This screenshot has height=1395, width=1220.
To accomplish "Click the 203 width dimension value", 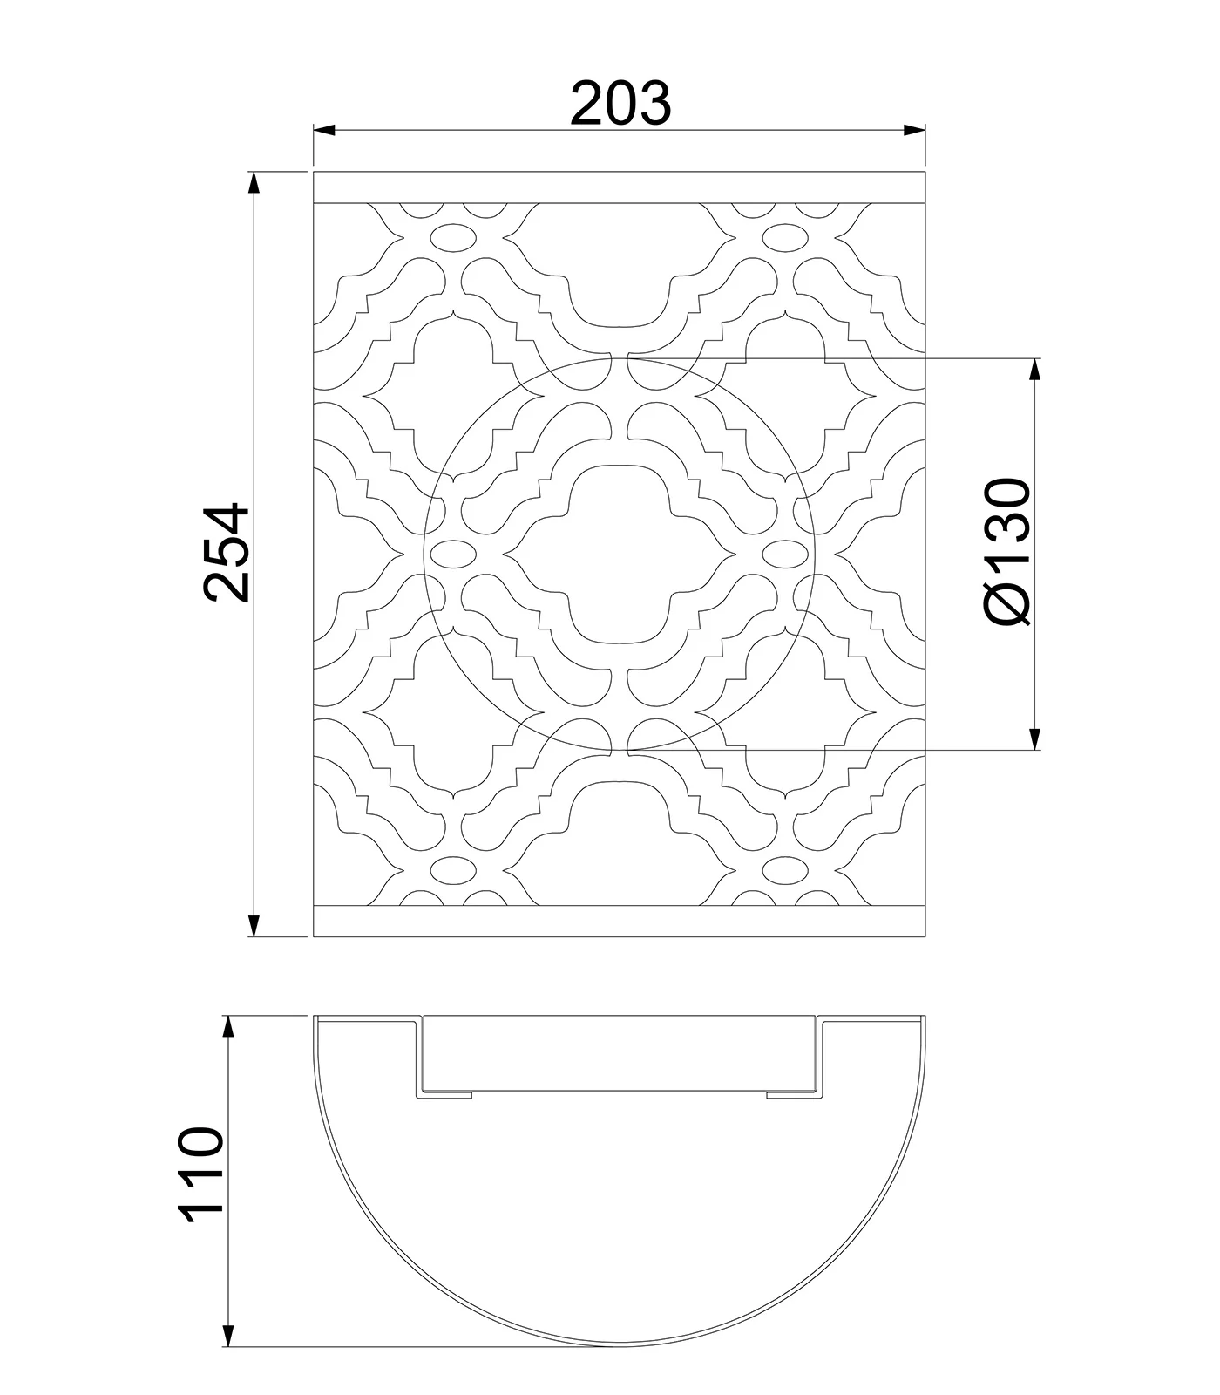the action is tap(620, 103).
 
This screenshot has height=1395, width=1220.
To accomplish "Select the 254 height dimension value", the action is tap(227, 552).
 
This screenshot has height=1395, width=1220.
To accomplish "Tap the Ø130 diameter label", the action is tap(1009, 551).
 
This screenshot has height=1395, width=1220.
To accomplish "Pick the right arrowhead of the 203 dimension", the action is tap(914, 131).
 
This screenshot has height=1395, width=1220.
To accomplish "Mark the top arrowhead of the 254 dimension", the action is tap(254, 182).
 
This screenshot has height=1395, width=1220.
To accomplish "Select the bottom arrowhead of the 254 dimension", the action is tap(254, 925).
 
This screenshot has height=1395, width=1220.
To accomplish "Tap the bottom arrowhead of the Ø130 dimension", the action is tap(1035, 738).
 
